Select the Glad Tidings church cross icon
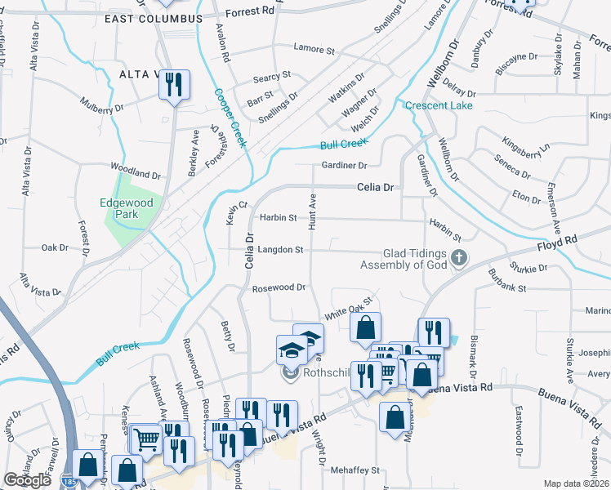pyautogui.click(x=459, y=259)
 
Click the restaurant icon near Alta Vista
pyautogui.click(x=174, y=85)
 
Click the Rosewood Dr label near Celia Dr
pyautogui.click(x=278, y=288)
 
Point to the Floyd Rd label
pyautogui.click(x=557, y=243)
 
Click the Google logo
pyautogui.click(x=27, y=480)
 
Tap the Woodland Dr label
pyautogui.click(x=136, y=174)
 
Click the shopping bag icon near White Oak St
pyautogui.click(x=366, y=327)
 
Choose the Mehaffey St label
pyautogui.click(x=355, y=470)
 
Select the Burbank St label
pyautogui.click(x=509, y=287)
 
